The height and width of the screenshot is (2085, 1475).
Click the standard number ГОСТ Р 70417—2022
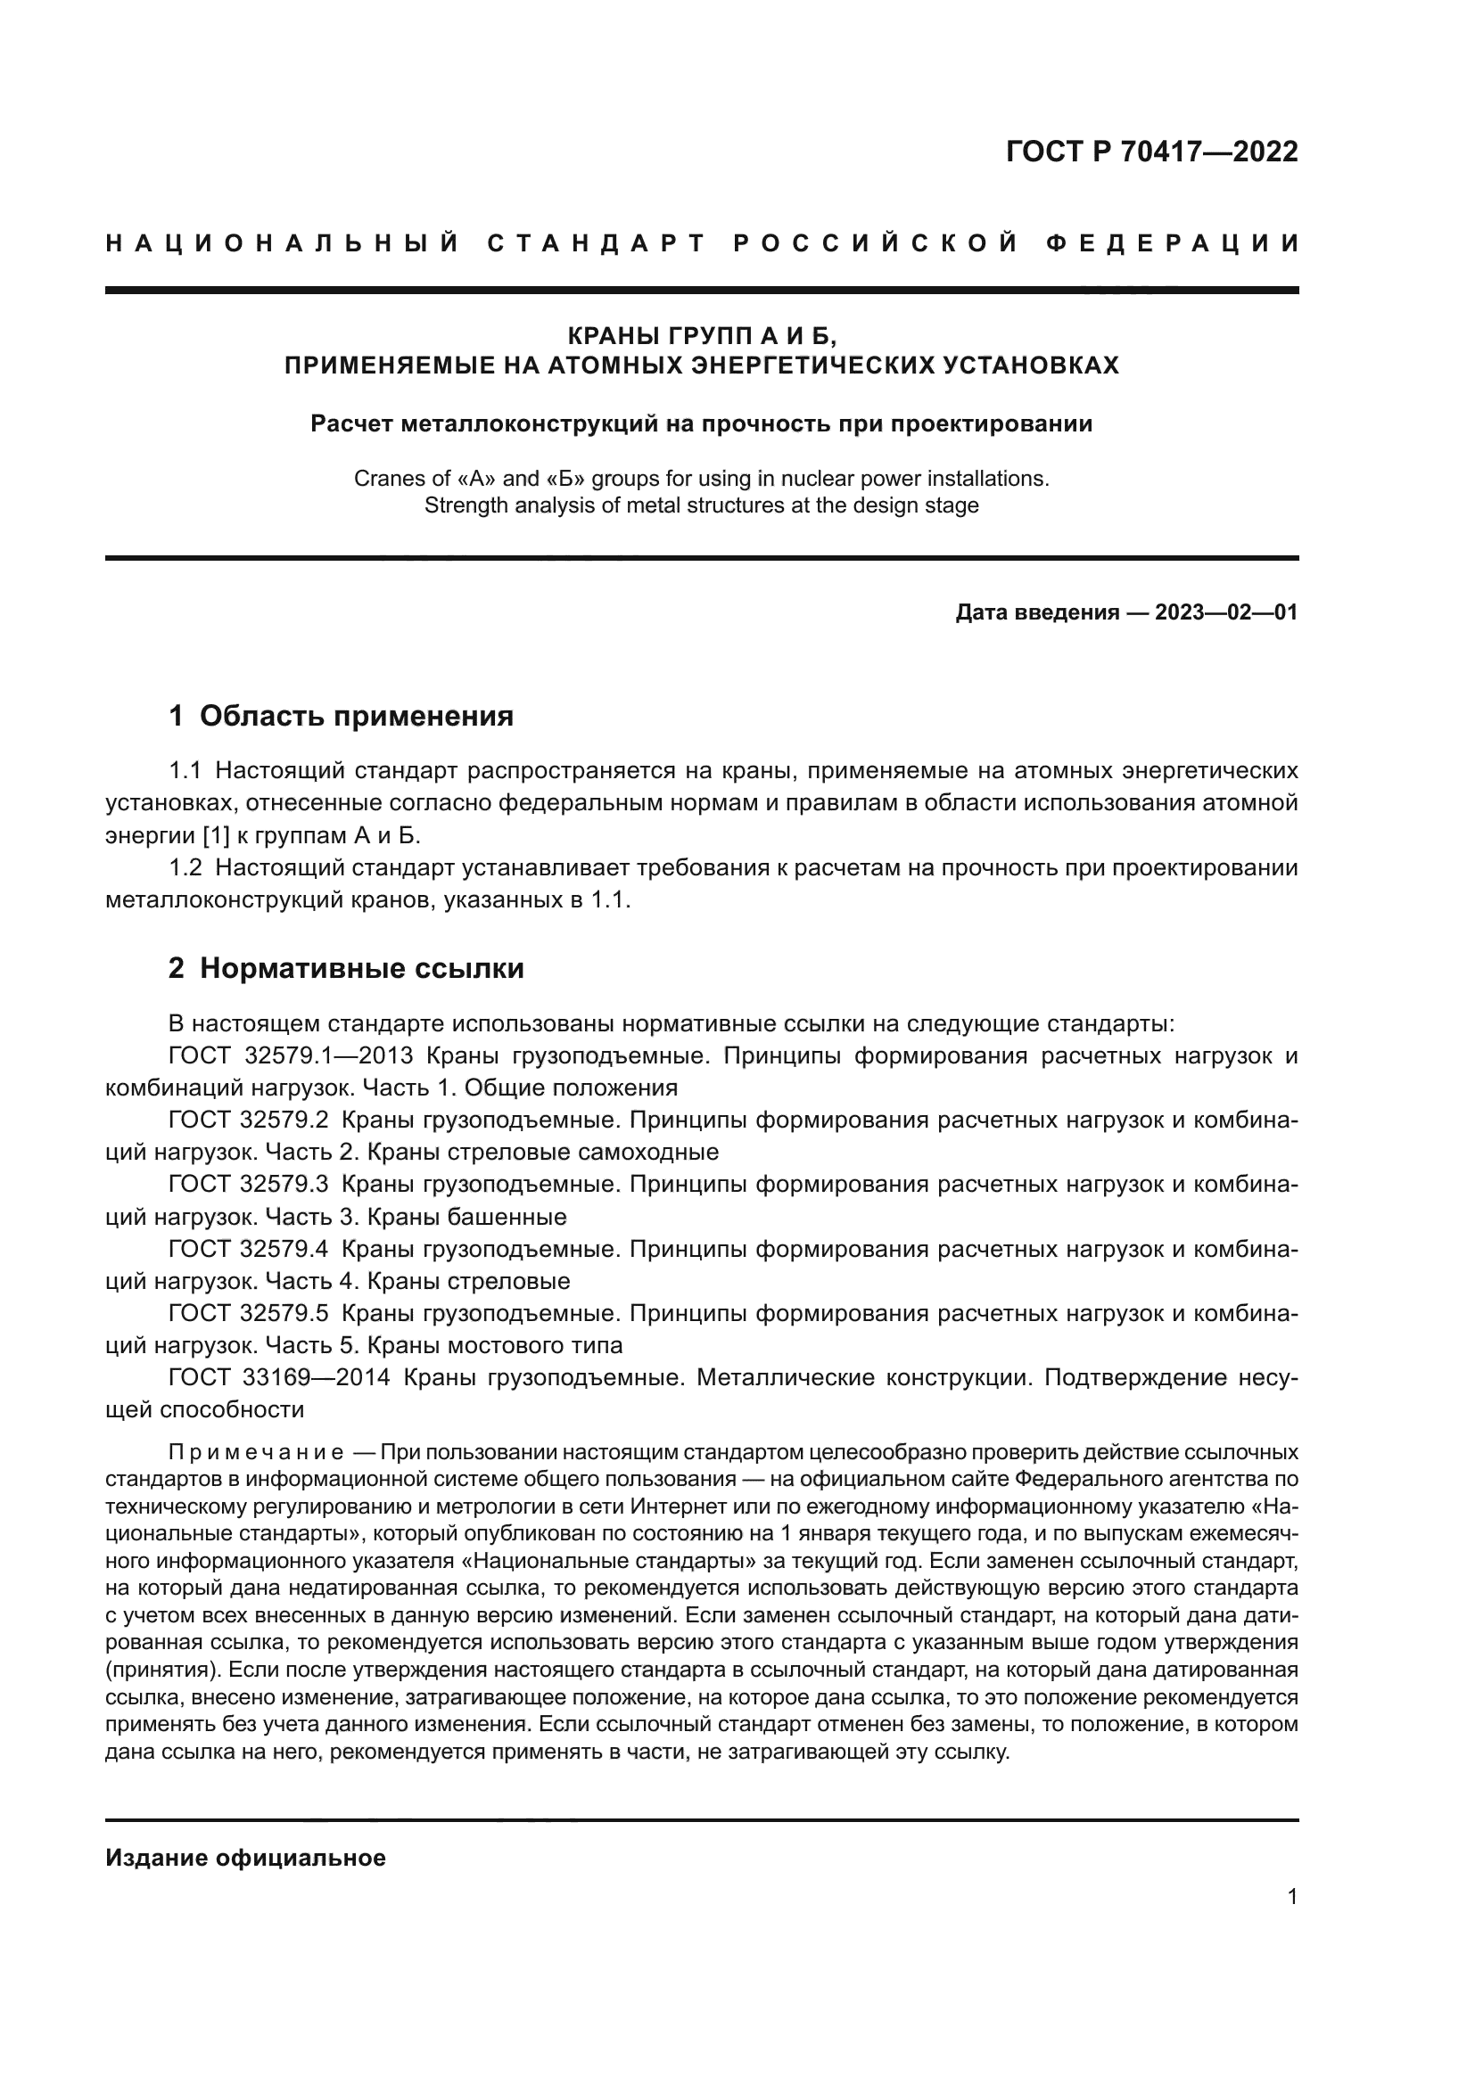point(1151,152)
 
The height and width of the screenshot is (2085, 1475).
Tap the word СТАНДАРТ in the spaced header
point(597,243)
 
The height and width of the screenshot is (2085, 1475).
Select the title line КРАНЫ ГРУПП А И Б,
point(701,336)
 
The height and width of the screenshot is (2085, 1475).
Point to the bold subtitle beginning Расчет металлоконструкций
point(701,424)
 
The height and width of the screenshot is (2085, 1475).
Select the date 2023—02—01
point(1225,612)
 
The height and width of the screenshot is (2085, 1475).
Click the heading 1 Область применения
point(342,716)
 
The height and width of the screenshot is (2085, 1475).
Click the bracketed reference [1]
point(215,834)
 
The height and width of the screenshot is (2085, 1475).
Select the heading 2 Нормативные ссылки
point(346,968)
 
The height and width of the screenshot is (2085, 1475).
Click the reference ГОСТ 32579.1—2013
point(291,1056)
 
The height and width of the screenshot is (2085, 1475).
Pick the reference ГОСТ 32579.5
point(248,1313)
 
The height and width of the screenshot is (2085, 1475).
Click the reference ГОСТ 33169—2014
point(279,1377)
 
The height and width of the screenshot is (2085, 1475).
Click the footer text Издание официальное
point(245,1858)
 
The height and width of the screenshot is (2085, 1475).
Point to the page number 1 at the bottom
point(1292,1896)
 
